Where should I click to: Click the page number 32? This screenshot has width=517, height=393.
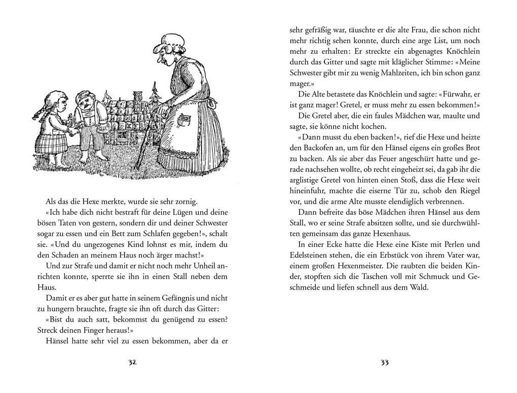click(x=133, y=363)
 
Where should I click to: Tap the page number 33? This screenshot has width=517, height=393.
click(x=384, y=363)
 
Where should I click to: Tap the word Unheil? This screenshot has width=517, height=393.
click(x=195, y=266)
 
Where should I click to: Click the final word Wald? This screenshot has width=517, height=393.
click(x=419, y=288)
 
